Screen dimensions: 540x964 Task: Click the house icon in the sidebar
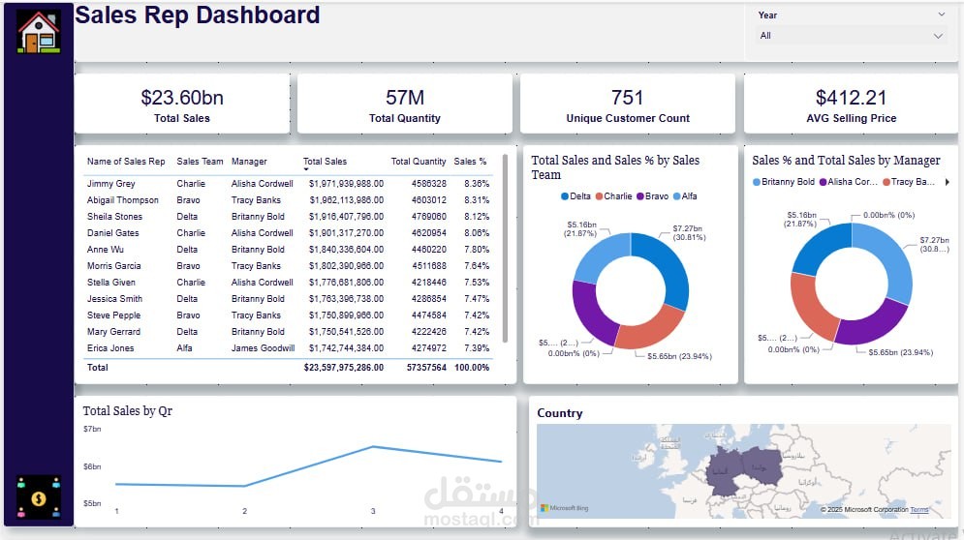pyautogui.click(x=39, y=31)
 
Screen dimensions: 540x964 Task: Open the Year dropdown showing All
pyautogui.click(x=851, y=36)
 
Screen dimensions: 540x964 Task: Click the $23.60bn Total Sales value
pyautogui.click(x=182, y=98)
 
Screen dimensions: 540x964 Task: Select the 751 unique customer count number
pyautogui.click(x=628, y=98)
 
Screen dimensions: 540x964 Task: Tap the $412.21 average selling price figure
pyautogui.click(x=851, y=98)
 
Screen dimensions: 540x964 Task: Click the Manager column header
pyautogui.click(x=249, y=162)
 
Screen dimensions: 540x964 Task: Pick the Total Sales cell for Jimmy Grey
pyautogui.click(x=346, y=184)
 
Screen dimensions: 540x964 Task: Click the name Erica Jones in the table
pyautogui.click(x=110, y=348)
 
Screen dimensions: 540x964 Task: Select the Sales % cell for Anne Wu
pyautogui.click(x=476, y=250)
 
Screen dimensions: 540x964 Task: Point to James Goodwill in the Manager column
pyautogui.click(x=263, y=348)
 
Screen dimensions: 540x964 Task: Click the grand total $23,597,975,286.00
pyautogui.click(x=343, y=368)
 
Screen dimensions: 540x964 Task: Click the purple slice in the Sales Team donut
pyautogui.click(x=590, y=315)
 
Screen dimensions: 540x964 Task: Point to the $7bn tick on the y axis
pyautogui.click(x=92, y=429)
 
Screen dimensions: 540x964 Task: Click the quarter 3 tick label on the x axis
pyautogui.click(x=373, y=511)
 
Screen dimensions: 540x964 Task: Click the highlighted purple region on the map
pyautogui.click(x=746, y=469)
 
